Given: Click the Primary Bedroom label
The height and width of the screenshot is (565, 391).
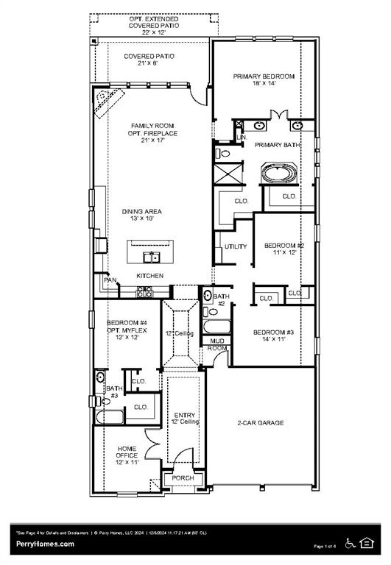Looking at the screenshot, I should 264,80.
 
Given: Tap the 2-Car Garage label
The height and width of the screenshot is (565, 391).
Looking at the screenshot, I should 260,423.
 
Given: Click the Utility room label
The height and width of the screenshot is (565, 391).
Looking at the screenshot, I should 236,246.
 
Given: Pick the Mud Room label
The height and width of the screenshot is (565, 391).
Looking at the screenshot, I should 216,345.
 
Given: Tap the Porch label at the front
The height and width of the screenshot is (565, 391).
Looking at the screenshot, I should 183,478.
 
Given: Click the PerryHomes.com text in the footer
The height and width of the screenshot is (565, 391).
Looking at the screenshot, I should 45,544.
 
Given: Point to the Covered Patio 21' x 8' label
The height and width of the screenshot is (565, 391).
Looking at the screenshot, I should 149,60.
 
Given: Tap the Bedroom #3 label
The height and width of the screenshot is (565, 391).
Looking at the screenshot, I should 273,336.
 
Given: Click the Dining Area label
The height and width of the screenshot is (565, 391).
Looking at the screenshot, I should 141,215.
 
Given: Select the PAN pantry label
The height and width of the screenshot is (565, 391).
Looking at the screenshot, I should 110,280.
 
